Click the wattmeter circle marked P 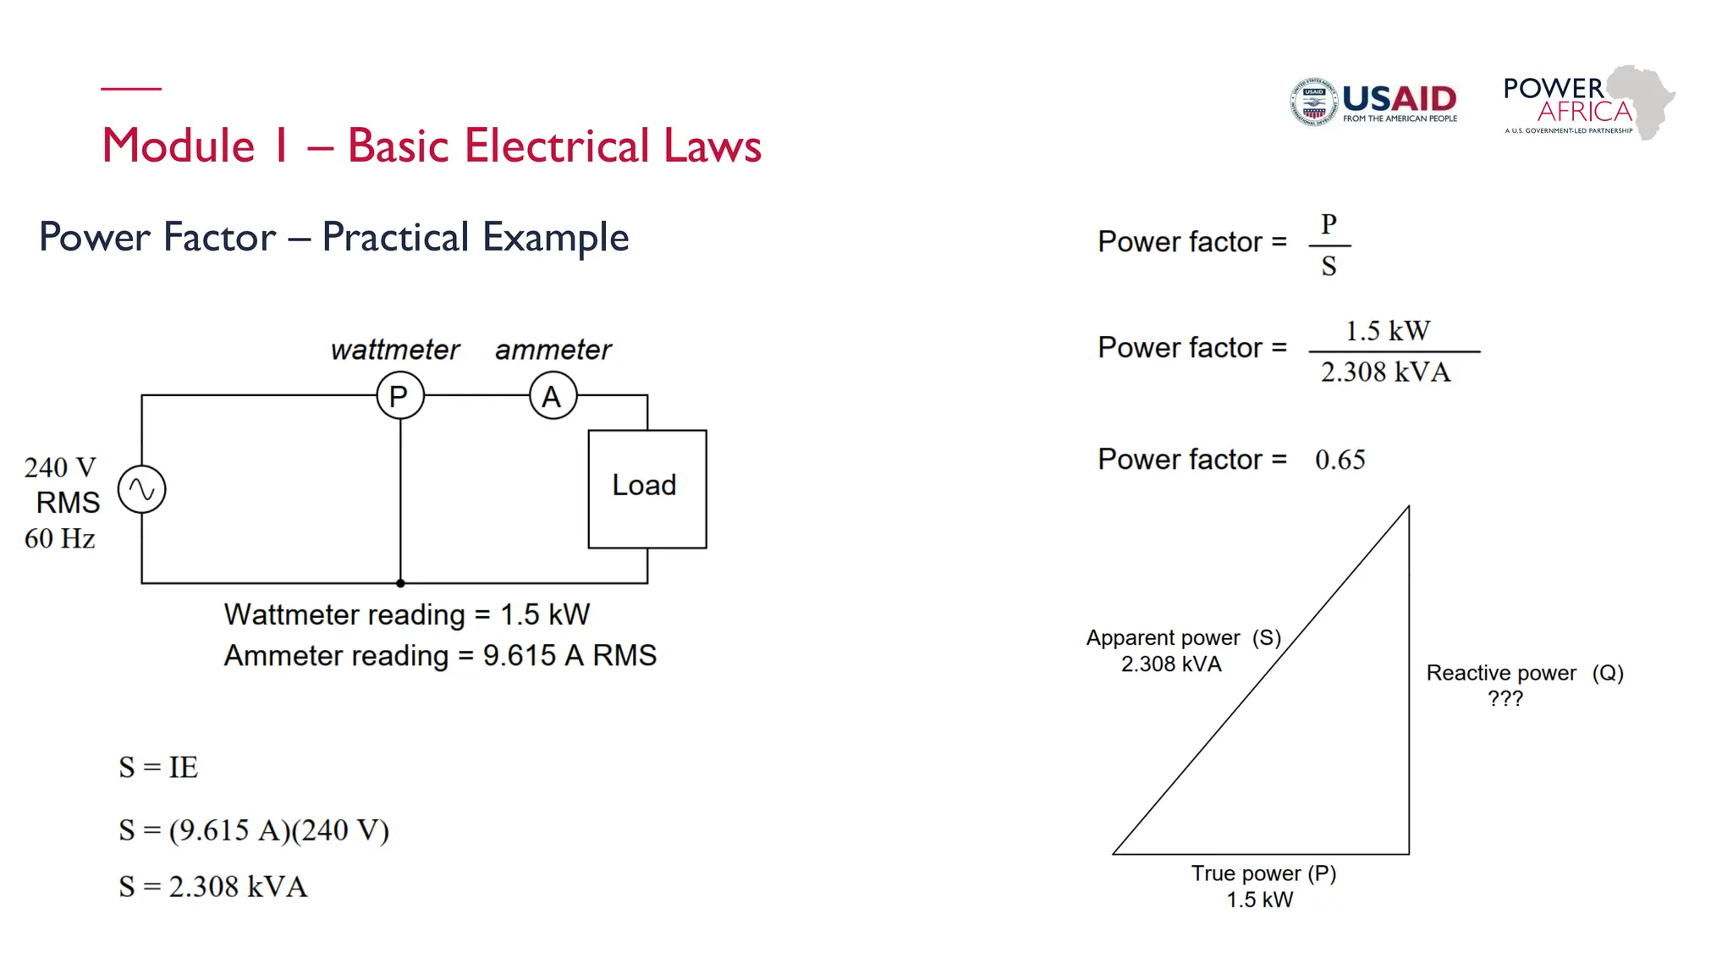pos(399,395)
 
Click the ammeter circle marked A pos(553,395)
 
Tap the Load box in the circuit pos(647,488)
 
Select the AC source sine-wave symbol pos(141,489)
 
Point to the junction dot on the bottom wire pos(400,583)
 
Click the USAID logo pos(1373,102)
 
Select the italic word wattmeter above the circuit pos(394,350)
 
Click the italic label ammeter pos(553,350)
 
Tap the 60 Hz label pos(59,538)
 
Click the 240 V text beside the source pos(60,467)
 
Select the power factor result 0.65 pos(1340,460)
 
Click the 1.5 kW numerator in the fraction pos(1388,331)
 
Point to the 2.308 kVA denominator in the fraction pos(1386,372)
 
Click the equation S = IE pos(158,768)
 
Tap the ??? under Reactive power pos(1505,699)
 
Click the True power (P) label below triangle pos(1263,873)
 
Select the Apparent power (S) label pos(1183,638)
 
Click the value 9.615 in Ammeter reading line pos(520,656)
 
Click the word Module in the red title pos(179,146)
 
